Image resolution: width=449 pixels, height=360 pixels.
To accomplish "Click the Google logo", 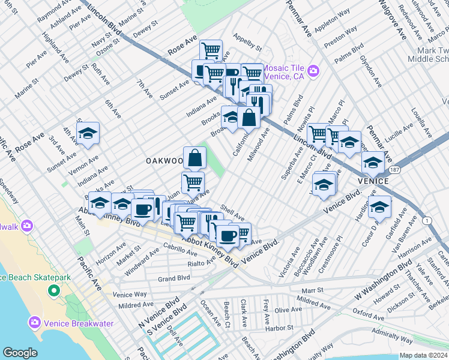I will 20,353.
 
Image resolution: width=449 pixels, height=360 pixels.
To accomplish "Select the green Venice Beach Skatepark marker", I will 53,292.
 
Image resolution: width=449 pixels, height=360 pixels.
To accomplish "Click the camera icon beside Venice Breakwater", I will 34,323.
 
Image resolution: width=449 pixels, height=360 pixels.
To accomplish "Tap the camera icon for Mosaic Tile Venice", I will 313,73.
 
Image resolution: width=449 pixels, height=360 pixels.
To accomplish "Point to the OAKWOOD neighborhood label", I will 164,161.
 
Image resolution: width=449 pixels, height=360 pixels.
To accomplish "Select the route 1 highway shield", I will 427,221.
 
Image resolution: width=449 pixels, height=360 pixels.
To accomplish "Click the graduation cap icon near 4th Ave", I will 88,134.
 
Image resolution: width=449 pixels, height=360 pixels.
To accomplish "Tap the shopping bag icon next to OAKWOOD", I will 194,158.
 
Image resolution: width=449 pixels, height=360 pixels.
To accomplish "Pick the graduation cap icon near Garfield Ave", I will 379,207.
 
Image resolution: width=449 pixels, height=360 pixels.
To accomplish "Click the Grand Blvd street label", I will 173,278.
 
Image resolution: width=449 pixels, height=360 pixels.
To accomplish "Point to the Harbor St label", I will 279,328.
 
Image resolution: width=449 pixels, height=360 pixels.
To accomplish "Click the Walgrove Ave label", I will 390,22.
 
